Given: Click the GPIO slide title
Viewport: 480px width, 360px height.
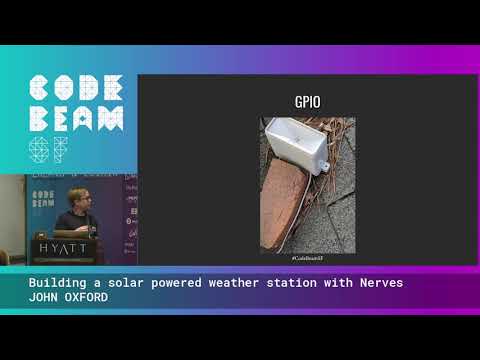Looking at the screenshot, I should point(307,101).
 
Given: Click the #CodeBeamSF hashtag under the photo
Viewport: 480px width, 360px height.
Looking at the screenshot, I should point(307,257).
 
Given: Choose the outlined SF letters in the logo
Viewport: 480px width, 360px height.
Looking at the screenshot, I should point(49,151).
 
